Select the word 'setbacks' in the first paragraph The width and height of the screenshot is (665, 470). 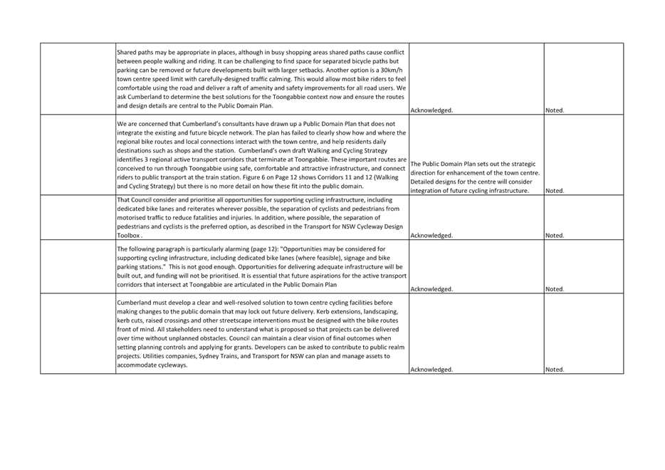[310, 70]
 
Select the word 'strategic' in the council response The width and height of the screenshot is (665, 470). [523, 164]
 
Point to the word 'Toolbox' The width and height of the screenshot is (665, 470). [128, 236]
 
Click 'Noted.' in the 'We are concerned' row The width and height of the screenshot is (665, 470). [555, 191]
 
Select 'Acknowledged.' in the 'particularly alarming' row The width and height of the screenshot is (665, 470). [431, 289]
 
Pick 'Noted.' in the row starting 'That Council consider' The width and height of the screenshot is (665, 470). [555, 236]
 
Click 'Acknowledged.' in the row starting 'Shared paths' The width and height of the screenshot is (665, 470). [431, 110]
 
